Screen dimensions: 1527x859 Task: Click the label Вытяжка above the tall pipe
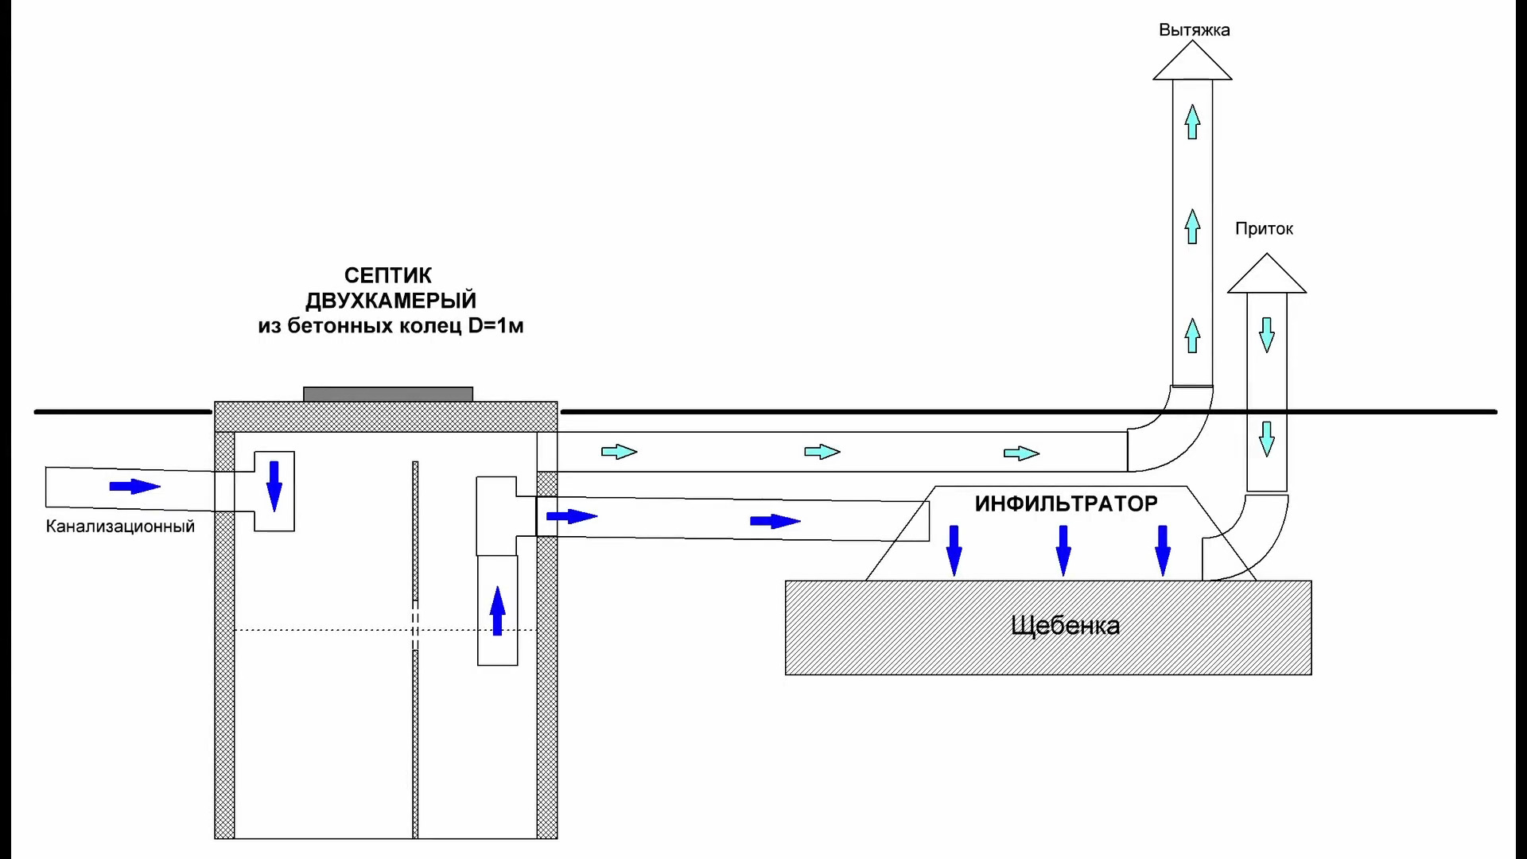coord(1194,30)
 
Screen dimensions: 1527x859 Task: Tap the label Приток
coord(1264,229)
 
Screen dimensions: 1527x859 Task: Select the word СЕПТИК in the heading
coord(388,276)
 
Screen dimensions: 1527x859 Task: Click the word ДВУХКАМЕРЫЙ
coord(390,301)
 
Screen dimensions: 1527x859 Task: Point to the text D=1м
coord(495,326)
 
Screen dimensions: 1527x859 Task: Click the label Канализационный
coord(120,527)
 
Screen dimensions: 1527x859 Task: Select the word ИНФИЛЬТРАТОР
coord(1066,503)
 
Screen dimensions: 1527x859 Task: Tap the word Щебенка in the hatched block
coord(1065,626)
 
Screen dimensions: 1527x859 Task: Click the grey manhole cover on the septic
coord(388,394)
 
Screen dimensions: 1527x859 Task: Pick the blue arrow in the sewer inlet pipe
coord(135,486)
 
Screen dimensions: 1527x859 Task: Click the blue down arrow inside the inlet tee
coord(274,486)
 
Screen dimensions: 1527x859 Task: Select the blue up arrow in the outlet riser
coord(498,611)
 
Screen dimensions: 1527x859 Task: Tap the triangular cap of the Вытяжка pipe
coord(1192,61)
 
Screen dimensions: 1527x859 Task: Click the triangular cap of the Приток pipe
coord(1267,274)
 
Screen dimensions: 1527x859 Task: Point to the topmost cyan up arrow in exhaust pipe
coord(1192,122)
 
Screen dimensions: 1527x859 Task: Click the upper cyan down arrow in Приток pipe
coord(1267,335)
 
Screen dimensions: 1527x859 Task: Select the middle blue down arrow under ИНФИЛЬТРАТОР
coord(1063,550)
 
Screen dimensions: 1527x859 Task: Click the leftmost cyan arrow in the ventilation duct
coord(620,452)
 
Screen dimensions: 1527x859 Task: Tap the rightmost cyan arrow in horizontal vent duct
coord(1022,453)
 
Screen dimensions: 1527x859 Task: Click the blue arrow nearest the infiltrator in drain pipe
coord(775,522)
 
